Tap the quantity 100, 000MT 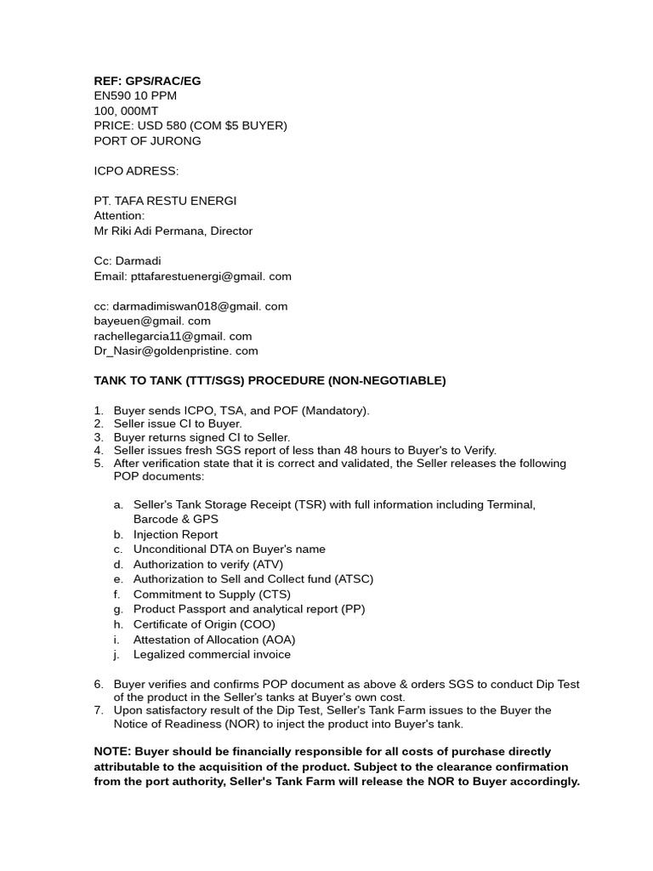click(x=126, y=111)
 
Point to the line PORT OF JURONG click(x=147, y=141)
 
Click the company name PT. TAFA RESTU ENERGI click(x=165, y=201)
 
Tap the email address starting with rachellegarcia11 click(x=173, y=336)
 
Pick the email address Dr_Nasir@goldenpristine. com click(x=176, y=351)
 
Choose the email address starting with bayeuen click(x=152, y=322)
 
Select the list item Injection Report click(x=176, y=535)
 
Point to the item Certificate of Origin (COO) click(x=204, y=624)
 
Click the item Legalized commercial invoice click(x=212, y=655)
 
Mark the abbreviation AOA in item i click(x=277, y=640)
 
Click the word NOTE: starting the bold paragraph click(x=112, y=752)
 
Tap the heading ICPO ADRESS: click(x=136, y=171)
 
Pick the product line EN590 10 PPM click(x=135, y=96)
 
